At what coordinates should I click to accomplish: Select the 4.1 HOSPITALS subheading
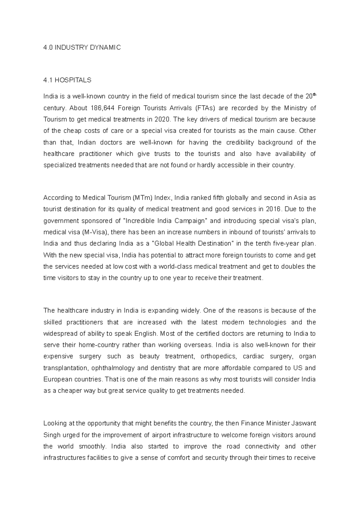(67, 80)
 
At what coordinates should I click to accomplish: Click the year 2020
(162, 119)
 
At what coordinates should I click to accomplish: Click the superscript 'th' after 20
(314, 95)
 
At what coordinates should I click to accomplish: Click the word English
(145, 334)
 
